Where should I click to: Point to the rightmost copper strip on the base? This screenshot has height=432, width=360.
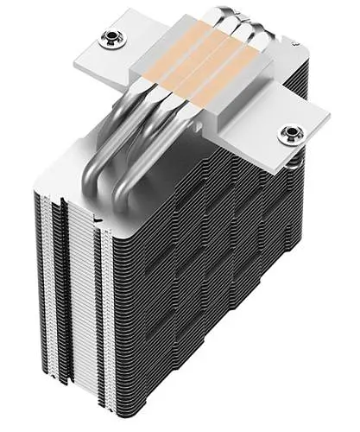[227, 84]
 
